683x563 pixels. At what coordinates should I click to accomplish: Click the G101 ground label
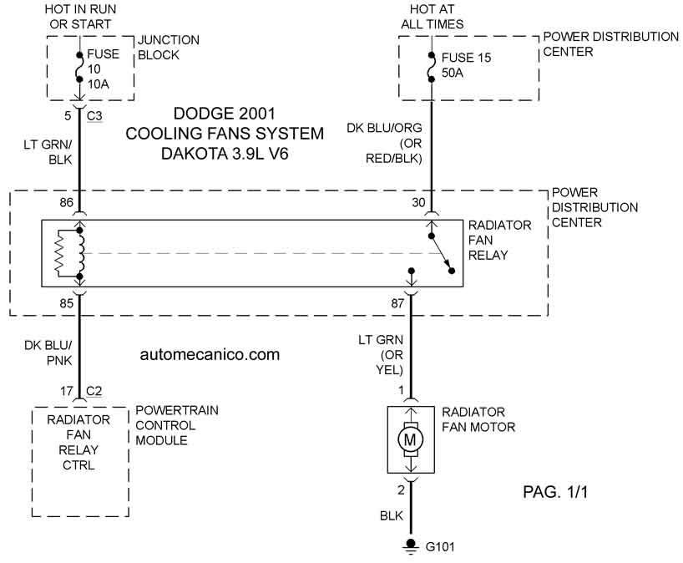440,546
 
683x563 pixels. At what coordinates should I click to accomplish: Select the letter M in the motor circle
410,439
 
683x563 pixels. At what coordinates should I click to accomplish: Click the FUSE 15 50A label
466,65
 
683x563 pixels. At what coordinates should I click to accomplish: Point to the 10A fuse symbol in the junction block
79,67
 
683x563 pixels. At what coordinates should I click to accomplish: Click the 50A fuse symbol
431,67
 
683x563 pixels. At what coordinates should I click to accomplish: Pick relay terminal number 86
67,202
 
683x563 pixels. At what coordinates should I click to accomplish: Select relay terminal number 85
67,303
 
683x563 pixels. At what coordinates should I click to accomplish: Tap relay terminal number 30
418,202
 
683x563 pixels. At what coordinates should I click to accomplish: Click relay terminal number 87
397,303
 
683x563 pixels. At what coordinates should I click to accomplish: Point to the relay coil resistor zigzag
59,253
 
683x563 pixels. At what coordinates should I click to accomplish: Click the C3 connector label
94,116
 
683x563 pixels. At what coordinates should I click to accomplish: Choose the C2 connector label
94,391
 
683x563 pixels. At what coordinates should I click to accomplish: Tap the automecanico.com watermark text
210,354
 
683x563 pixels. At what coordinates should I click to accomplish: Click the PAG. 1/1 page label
555,492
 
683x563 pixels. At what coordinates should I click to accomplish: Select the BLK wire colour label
391,515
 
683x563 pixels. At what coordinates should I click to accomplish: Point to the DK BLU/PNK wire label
48,353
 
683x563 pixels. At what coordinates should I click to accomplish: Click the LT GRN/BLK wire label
48,152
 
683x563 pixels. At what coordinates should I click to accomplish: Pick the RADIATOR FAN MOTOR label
478,419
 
